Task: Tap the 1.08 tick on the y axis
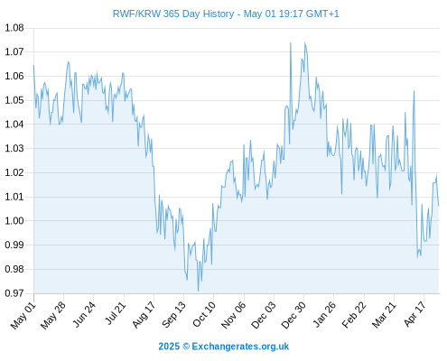pos(14,28)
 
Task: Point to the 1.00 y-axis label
pos(14,221)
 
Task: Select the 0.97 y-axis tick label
pos(14,293)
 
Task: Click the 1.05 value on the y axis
pos(14,100)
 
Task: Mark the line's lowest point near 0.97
pos(198,291)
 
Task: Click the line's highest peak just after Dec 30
pos(305,43)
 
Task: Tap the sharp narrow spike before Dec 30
pos(291,42)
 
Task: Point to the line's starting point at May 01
pos(33,65)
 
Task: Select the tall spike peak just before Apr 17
pos(414,91)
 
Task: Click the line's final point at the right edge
pos(439,206)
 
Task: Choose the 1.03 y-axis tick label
pos(14,148)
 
